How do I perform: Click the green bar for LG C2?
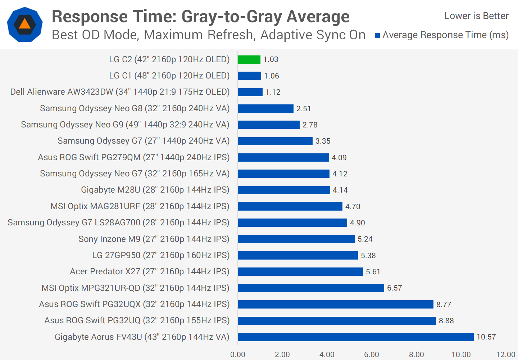pos(249,59)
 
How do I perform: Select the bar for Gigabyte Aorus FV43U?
pos(355,337)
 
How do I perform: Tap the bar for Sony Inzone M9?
pos(296,239)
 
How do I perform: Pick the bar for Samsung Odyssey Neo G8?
pos(265,108)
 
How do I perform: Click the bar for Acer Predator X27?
pos(300,271)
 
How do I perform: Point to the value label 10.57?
pos(486,337)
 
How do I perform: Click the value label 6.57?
pos(394,288)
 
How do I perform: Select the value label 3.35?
pos(323,141)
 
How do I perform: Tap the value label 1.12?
pos(273,92)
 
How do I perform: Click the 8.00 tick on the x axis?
pos(416,355)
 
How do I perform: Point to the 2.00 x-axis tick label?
pos(282,355)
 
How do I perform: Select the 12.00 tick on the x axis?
pos(505,355)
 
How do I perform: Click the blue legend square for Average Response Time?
pos(377,35)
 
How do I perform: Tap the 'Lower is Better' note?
pos(476,16)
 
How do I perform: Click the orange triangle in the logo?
pos(24,24)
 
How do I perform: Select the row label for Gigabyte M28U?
pos(155,190)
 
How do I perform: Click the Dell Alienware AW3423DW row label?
pos(120,92)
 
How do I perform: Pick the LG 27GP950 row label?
pos(161,255)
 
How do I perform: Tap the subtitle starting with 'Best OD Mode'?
pos(208,35)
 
